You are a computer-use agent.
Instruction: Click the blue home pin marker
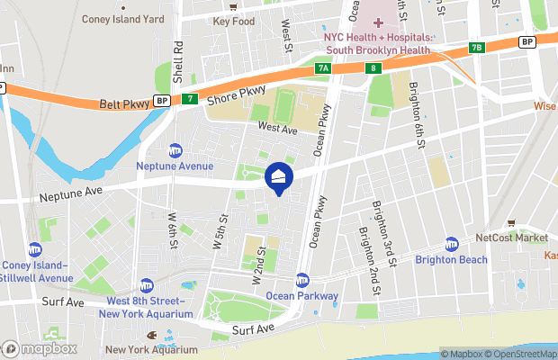click(279, 178)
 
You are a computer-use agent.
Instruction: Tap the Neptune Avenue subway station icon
click(175, 151)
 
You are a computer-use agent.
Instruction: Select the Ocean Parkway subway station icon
click(302, 280)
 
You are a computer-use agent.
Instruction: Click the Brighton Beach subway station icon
click(452, 245)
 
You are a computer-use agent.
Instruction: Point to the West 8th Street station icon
click(147, 285)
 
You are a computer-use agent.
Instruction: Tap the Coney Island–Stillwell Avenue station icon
click(35, 249)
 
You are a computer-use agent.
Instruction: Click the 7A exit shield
click(323, 67)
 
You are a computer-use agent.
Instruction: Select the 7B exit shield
click(477, 48)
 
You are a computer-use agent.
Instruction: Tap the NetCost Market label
click(511, 238)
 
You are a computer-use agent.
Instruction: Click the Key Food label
click(234, 21)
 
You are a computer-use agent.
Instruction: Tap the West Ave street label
click(277, 129)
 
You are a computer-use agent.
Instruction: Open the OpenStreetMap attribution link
click(516, 354)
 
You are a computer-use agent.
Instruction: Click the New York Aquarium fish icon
click(152, 337)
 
